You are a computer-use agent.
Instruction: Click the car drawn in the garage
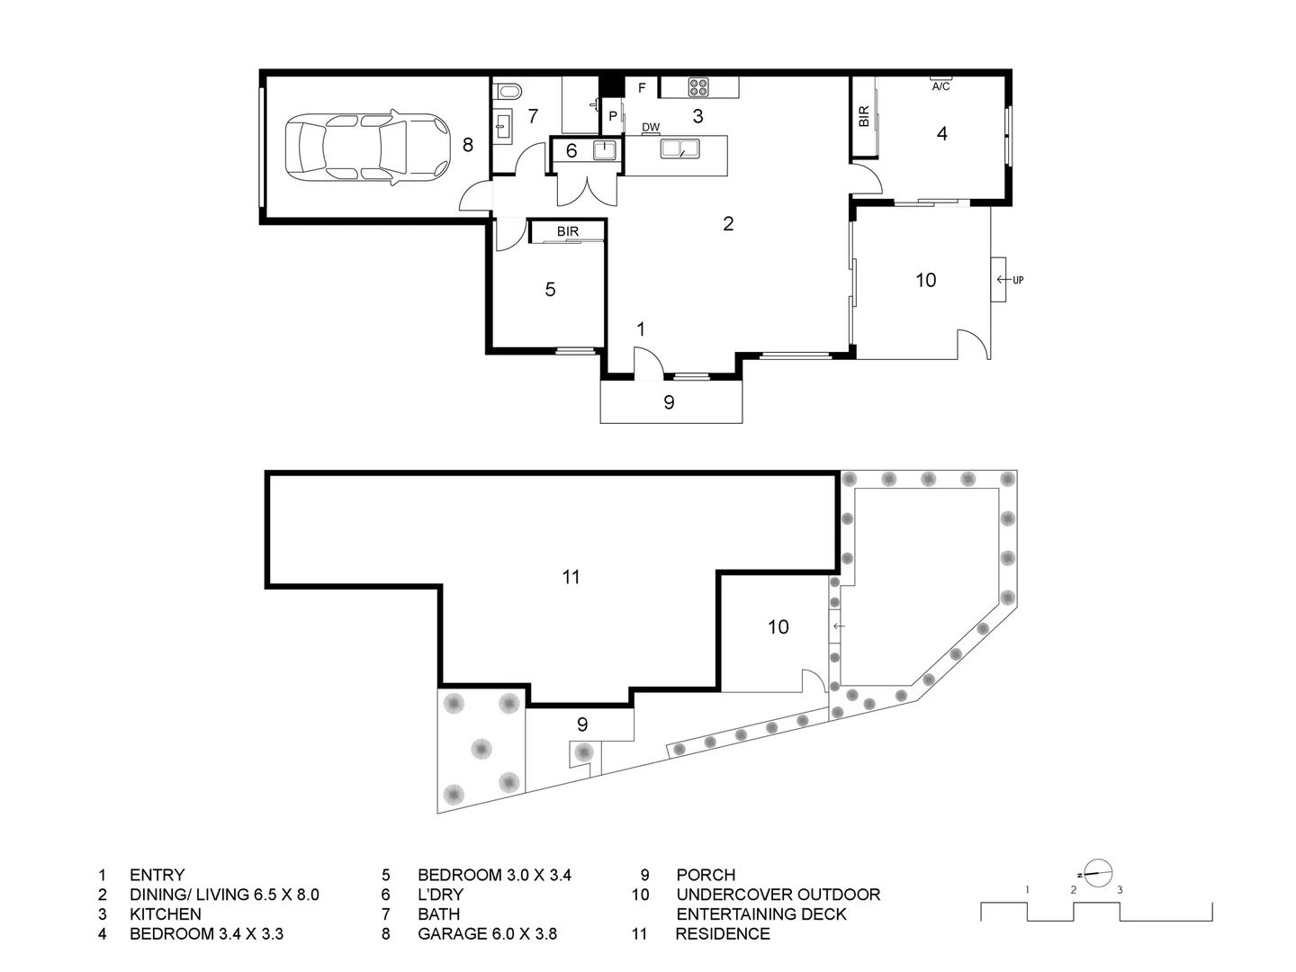366,149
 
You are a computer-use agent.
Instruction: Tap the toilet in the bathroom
508,90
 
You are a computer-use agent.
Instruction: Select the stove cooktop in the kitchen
698,87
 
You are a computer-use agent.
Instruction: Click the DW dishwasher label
651,128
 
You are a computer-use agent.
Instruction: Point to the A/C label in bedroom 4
940,86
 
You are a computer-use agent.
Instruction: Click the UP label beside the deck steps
1018,280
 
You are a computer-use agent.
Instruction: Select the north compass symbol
1097,872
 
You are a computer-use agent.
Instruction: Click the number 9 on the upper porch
669,402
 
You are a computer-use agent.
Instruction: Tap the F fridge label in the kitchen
642,88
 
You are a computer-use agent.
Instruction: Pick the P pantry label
613,116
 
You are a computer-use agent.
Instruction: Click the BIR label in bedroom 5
567,231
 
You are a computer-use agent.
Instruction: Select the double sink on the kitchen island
679,149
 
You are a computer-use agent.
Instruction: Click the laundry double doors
586,187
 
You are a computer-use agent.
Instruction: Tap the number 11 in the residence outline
571,577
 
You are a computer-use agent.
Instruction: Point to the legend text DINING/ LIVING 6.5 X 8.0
224,895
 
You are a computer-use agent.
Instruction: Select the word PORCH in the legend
706,875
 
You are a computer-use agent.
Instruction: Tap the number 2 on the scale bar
1074,890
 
